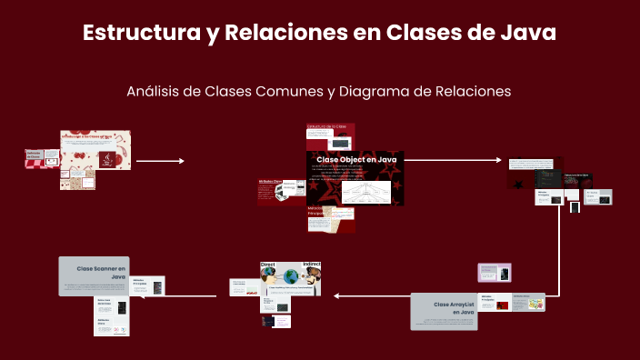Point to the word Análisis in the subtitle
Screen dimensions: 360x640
coord(154,91)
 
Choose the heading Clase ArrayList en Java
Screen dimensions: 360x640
coord(454,307)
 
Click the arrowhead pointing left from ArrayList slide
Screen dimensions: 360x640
coord(335,295)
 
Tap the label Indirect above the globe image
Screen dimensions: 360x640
coord(311,265)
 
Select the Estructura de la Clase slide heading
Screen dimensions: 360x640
coord(326,126)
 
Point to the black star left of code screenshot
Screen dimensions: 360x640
coord(516,183)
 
